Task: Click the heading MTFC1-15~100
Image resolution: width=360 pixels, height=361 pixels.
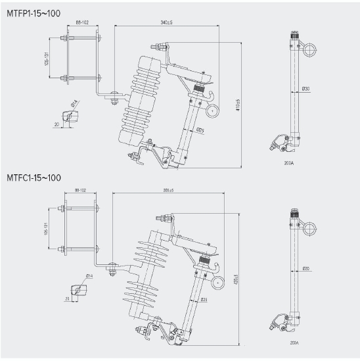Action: pyautogui.click(x=34, y=178)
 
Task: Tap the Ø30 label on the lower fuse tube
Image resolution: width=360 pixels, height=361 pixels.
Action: pyautogui.click(x=306, y=268)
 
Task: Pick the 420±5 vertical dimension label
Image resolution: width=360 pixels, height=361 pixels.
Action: pyautogui.click(x=235, y=279)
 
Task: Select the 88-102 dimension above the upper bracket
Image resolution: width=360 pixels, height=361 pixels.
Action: pyautogui.click(x=82, y=23)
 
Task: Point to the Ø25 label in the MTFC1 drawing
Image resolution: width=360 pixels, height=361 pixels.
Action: pyautogui.click(x=204, y=299)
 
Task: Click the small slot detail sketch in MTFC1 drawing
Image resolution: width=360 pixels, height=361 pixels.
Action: pyautogui.click(x=80, y=290)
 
